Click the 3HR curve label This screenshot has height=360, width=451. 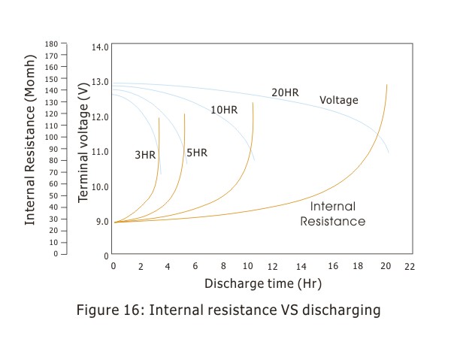[x=145, y=155]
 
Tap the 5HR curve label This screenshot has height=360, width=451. [x=197, y=153]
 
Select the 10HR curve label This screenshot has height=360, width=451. [x=224, y=110]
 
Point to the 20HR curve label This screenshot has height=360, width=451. [x=285, y=92]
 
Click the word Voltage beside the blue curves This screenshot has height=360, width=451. [x=339, y=100]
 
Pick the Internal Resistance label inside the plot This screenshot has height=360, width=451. [x=333, y=213]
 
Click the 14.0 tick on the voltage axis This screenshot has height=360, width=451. [x=100, y=47]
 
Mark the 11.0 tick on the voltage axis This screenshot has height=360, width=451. [x=100, y=152]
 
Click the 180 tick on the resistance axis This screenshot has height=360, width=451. [x=51, y=44]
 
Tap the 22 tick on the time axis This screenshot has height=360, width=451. [x=409, y=266]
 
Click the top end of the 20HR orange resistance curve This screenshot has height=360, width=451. [x=387, y=85]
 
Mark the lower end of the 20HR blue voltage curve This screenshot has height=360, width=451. [x=389, y=153]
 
